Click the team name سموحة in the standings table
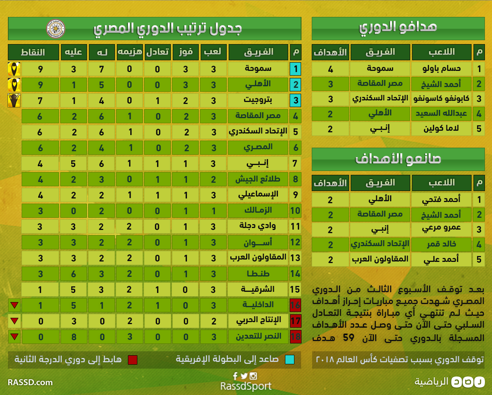[x=258, y=69]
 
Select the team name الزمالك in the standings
[x=258, y=211]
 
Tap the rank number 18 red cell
[x=295, y=337]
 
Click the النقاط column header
[x=33, y=52]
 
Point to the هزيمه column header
[x=130, y=52]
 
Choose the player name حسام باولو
[x=441, y=69]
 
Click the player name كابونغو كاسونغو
[x=441, y=99]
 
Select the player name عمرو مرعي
[x=441, y=229]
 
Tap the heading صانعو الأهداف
[x=398, y=159]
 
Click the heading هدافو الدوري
[x=398, y=28]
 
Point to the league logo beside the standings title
[x=55, y=29]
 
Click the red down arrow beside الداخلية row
[x=15, y=305]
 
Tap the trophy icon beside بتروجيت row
[x=14, y=100]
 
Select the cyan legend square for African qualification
[x=289, y=360]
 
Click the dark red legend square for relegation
[x=133, y=360]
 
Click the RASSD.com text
[x=30, y=382]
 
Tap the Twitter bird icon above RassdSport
[x=244, y=376]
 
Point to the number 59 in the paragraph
[x=348, y=338]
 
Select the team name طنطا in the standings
[x=258, y=274]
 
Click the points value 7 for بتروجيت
[x=40, y=100]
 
